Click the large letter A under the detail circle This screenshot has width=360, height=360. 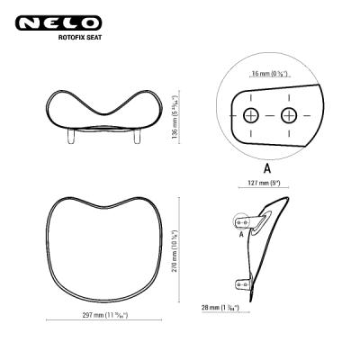[x=268, y=168]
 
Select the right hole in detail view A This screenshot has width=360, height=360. [x=288, y=114]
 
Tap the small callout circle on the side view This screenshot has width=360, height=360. [x=242, y=220]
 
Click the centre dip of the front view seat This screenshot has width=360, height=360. [x=103, y=115]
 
